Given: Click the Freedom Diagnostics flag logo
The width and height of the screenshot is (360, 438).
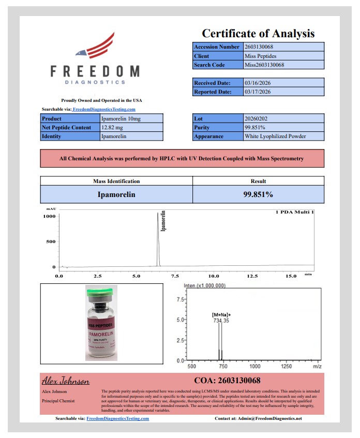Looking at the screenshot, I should point(95,46).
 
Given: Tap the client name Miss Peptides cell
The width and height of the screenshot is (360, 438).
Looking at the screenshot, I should point(261,56).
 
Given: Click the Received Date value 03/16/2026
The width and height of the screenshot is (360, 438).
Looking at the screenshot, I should point(258,83).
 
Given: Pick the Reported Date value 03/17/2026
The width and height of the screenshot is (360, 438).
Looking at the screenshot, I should point(258,92).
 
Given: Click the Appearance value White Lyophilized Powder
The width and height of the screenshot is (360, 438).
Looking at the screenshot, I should point(275,137).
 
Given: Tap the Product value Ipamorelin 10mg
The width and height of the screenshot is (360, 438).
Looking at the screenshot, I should point(120,118).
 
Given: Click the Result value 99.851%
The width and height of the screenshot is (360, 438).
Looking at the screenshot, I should point(258,194).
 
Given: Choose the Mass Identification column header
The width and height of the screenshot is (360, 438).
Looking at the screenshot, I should point(116,181).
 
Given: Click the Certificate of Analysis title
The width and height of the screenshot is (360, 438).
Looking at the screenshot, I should point(258,34).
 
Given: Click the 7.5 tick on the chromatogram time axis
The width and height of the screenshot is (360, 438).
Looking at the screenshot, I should point(175,276).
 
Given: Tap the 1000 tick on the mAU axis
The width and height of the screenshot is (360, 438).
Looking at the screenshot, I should point(49,217).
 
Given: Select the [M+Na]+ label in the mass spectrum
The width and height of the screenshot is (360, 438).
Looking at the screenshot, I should point(221,314).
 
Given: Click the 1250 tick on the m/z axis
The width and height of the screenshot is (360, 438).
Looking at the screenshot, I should point(286,366).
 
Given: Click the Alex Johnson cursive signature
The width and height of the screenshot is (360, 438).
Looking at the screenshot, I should point(66,381).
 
